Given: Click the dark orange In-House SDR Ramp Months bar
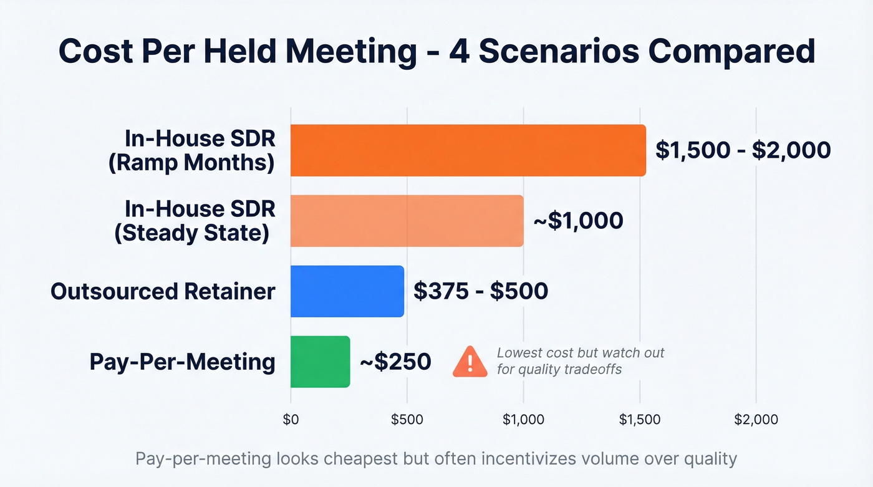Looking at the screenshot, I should pyautogui.click(x=468, y=150).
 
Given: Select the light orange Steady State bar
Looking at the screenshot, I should pyautogui.click(x=407, y=221).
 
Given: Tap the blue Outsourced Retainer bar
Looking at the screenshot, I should pyautogui.click(x=347, y=291).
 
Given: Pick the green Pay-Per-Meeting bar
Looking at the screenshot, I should pyautogui.click(x=320, y=362).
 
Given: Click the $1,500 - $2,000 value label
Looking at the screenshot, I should pyautogui.click(x=743, y=150).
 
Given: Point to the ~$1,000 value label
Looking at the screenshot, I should pyautogui.click(x=577, y=221).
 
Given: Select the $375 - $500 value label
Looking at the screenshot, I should pyautogui.click(x=481, y=291).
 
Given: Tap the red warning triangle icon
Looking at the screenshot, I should pyautogui.click(x=470, y=362).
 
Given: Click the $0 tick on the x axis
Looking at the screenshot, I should pyautogui.click(x=291, y=420).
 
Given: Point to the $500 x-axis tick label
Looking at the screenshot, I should pyautogui.click(x=407, y=420).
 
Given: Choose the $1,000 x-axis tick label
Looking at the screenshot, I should pyautogui.click(x=523, y=420).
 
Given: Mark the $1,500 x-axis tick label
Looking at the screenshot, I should pyautogui.click(x=640, y=420).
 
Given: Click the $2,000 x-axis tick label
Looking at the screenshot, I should pyautogui.click(x=756, y=420).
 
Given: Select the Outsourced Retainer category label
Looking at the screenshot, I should pyautogui.click(x=163, y=291).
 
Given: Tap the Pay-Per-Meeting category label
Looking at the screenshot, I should pyautogui.click(x=182, y=362).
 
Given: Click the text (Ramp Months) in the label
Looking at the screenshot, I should pyautogui.click(x=191, y=163).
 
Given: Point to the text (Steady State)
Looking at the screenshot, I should pyautogui.click(x=191, y=233).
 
